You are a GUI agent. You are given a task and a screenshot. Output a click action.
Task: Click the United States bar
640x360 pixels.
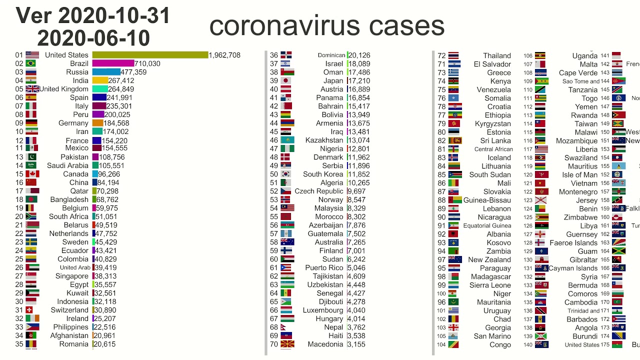click(x=150, y=55)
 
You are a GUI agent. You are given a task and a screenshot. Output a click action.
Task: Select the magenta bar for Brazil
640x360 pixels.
click(x=113, y=63)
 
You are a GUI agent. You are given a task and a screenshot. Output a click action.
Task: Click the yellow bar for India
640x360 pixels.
click(x=100, y=80)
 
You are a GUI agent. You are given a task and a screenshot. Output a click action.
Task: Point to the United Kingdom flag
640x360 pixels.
click(x=32, y=89)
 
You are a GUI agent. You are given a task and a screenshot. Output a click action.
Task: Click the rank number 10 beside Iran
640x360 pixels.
click(x=19, y=131)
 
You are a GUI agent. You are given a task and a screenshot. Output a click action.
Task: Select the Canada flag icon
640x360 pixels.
click(x=32, y=174)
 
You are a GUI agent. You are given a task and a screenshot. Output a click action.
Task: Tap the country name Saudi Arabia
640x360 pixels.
click(x=67, y=165)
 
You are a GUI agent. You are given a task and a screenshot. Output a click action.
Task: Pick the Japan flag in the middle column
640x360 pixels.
click(x=286, y=80)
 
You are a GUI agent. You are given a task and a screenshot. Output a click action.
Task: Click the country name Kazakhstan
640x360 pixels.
click(x=324, y=140)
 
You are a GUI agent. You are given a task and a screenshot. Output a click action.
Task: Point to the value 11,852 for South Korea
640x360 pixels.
click(x=358, y=174)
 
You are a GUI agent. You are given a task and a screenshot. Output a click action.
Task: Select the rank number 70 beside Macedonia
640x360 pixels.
click(x=274, y=344)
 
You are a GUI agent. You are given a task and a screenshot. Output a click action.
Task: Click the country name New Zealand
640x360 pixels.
click(x=489, y=259)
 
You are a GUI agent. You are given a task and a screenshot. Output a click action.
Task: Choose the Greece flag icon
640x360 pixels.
click(x=454, y=72)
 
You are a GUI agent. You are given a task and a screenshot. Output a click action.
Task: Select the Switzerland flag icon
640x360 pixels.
click(x=32, y=310)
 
